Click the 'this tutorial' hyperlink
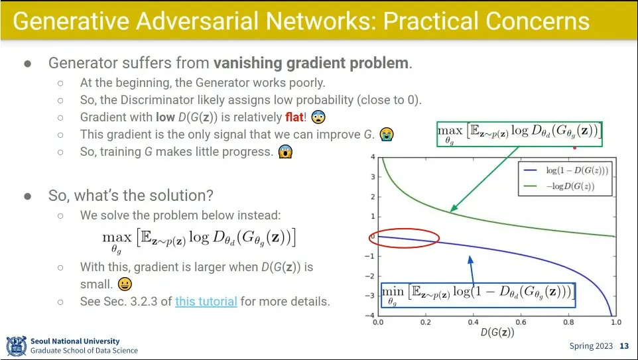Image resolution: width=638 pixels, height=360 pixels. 206,302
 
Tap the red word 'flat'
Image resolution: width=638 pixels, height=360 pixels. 294,117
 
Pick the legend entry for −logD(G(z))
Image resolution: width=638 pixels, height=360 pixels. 560,186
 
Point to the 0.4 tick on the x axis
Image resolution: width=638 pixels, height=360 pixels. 474,322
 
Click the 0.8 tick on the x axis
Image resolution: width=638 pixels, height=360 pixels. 568,322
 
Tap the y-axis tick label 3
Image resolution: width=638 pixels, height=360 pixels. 373,177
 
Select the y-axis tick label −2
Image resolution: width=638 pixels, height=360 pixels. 369,276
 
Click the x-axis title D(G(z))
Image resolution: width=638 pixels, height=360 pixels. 497,332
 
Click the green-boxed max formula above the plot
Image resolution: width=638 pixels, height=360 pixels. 519,134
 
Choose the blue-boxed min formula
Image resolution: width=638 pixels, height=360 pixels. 478,295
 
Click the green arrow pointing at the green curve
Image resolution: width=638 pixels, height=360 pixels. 484,179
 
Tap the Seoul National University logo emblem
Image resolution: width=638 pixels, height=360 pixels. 17,346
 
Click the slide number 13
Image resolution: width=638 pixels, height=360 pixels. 624,346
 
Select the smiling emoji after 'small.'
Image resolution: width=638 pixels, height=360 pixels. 125,284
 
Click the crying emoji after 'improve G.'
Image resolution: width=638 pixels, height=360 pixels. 387,134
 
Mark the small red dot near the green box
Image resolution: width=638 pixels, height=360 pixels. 574,148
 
